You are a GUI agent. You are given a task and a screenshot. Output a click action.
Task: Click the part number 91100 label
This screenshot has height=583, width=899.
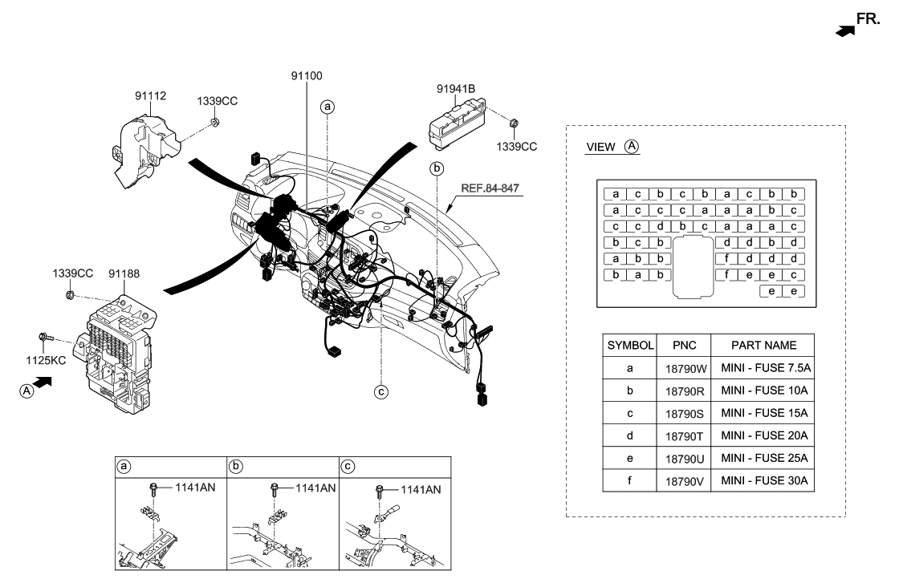point(307,75)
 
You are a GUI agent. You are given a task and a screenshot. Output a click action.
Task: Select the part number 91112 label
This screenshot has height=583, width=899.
point(150,96)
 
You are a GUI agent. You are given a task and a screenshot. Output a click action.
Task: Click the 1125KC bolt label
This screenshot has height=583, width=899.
point(46,361)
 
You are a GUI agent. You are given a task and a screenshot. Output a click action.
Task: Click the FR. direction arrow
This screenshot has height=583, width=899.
point(845,30)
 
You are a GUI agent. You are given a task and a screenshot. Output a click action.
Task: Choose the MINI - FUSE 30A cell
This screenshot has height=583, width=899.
point(764,481)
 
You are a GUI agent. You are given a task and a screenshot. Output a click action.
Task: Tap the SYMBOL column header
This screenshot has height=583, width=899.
point(631,345)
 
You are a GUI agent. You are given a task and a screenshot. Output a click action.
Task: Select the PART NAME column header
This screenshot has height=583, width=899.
point(764,345)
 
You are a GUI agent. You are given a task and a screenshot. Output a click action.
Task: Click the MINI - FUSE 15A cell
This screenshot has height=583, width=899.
point(764,414)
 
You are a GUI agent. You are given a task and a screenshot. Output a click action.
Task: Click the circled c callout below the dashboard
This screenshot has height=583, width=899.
point(381,392)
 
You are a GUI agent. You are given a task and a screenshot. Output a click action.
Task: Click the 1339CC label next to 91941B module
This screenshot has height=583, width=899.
point(516,146)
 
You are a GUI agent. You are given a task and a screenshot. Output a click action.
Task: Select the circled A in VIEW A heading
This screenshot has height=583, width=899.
point(632,147)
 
